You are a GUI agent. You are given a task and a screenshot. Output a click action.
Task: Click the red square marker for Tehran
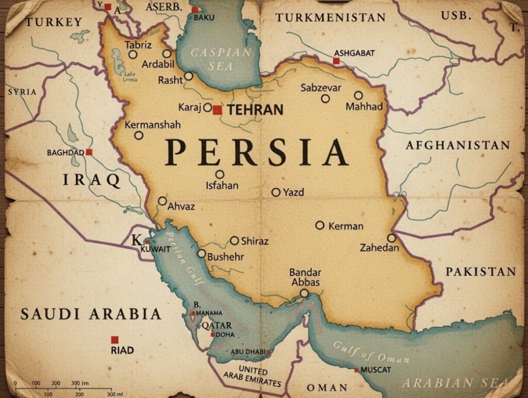pyautogui.click(x=217, y=110)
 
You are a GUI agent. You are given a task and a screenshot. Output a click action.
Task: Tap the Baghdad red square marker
pyautogui.click(x=89, y=152)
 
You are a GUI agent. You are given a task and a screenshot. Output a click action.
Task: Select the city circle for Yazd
pyautogui.click(x=276, y=192)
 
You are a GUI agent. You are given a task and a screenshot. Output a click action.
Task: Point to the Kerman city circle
pyautogui.click(x=320, y=225)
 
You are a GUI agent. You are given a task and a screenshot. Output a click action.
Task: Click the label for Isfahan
pyautogui.click(x=222, y=185)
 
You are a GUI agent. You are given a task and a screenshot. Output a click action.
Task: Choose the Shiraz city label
pyautogui.click(x=255, y=240)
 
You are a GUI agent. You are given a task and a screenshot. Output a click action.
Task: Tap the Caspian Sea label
pyautogui.click(x=221, y=59)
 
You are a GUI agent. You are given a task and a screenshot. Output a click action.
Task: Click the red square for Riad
pyautogui.click(x=114, y=339)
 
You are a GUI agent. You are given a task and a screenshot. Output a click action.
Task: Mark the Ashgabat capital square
pyautogui.click(x=336, y=61)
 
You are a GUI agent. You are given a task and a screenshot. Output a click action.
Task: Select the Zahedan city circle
pyautogui.click(x=391, y=238)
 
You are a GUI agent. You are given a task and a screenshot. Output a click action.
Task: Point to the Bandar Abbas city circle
pyautogui.click(x=304, y=293)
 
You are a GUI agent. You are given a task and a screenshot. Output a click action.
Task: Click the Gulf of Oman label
pyautogui.click(x=371, y=352)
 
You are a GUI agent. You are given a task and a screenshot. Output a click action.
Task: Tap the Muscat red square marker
pyautogui.click(x=356, y=370)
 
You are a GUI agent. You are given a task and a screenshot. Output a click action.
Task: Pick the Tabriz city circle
pyautogui.click(x=133, y=54)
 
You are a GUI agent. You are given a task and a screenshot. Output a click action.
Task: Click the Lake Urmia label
pyautogui.click(x=130, y=77)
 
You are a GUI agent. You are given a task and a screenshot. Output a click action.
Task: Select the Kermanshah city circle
pyautogui.click(x=138, y=135)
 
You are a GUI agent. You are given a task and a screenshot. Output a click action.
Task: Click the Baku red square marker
pyautogui.click(x=194, y=10)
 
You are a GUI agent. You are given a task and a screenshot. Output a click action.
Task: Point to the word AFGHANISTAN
pyautogui.click(x=457, y=145)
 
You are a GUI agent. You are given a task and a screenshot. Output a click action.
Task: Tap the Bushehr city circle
pyautogui.click(x=202, y=253)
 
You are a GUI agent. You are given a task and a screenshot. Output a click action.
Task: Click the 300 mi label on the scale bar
pyautogui.click(x=114, y=394)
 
